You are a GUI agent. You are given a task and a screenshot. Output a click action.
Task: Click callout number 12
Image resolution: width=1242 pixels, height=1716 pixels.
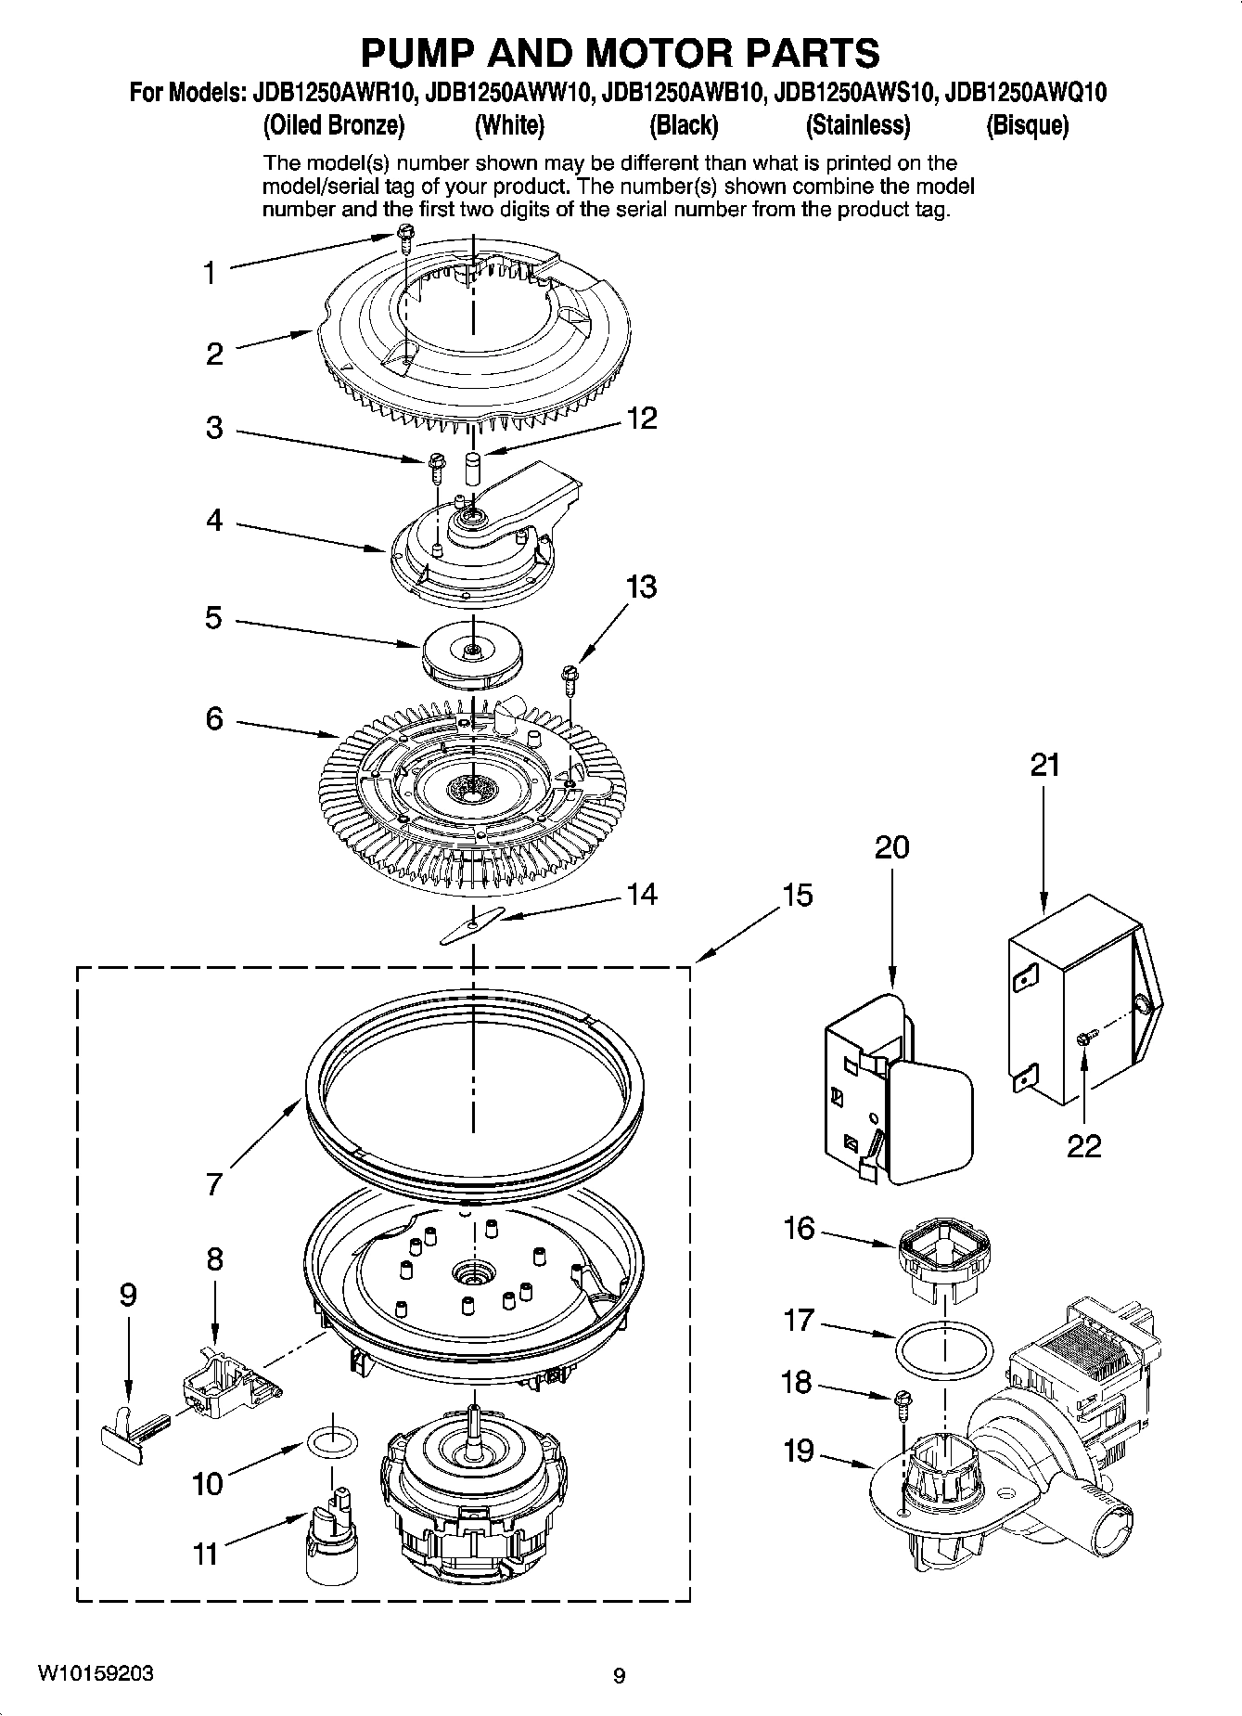pos(642,419)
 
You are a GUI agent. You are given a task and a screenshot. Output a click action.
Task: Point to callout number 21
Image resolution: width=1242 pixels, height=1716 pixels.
pos(1044,766)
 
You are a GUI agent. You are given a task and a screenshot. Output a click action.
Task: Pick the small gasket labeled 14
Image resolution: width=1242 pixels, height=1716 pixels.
pos(472,926)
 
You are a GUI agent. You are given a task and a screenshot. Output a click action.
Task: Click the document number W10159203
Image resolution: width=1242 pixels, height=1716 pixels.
pos(96,1674)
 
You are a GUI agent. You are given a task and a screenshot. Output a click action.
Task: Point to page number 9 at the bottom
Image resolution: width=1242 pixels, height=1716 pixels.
pos(620,1676)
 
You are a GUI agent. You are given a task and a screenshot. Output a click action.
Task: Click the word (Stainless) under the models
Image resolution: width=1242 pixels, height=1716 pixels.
pos(857,125)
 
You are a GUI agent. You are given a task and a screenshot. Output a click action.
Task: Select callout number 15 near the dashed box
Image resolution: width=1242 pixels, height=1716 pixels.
pos(797,896)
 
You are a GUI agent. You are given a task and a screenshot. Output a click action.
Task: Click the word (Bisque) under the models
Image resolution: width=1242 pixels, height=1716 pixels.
pos(1027,125)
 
